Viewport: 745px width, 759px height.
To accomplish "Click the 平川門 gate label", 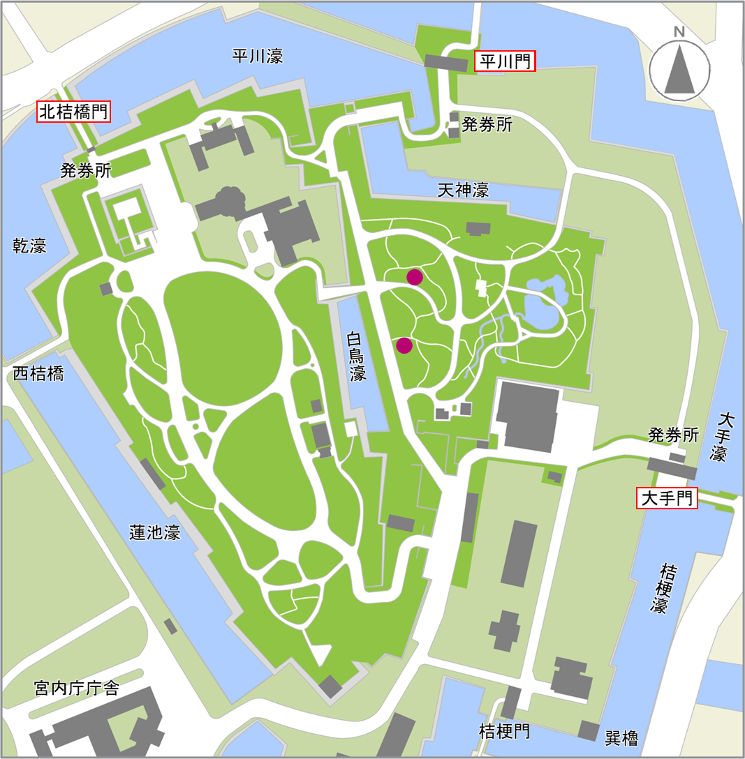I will (505, 62).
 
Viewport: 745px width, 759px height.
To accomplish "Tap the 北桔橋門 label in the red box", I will (74, 112).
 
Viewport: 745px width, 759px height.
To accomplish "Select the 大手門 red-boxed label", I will (667, 498).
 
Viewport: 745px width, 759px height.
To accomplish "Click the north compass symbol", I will (679, 67).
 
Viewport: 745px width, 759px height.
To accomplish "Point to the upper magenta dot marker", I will (415, 277).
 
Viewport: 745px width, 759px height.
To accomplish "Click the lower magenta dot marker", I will (404, 345).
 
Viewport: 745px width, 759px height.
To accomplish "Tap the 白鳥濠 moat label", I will (357, 356).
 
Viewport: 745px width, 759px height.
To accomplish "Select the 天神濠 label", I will (463, 189).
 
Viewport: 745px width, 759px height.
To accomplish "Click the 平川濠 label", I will (258, 57).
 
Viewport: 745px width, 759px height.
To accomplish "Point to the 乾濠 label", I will (30, 246).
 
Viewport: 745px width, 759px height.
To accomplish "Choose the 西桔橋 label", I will (38, 373).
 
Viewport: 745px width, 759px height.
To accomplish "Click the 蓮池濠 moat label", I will (155, 532).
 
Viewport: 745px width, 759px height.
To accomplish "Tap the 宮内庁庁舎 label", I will (77, 689).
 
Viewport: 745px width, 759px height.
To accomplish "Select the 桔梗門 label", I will (504, 732).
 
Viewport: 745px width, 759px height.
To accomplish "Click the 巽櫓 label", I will (621, 737).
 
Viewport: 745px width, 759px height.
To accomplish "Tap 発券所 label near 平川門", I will (487, 125).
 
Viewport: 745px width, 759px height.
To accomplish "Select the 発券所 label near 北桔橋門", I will (86, 170).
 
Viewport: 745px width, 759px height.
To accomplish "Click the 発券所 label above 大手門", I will (673, 435).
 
